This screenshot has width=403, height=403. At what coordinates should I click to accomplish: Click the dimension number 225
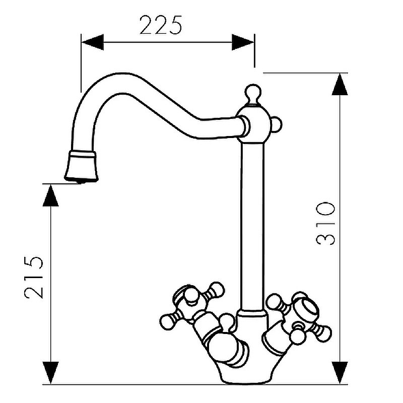click(x=161, y=25)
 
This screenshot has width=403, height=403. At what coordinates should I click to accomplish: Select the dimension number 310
click(x=325, y=223)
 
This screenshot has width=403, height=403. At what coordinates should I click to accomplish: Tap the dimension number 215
click(x=34, y=278)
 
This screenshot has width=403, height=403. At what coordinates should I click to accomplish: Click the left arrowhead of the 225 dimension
click(x=93, y=42)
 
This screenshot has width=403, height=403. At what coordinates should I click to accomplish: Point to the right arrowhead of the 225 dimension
click(x=243, y=42)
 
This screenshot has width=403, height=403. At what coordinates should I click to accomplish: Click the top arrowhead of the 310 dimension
click(x=340, y=84)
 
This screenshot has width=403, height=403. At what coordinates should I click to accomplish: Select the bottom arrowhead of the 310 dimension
click(x=340, y=373)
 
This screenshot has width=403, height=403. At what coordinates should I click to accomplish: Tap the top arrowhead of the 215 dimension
click(x=51, y=195)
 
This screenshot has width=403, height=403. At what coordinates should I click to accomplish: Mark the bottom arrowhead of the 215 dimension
click(x=51, y=373)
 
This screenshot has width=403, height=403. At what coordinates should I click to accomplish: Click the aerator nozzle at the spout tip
click(x=81, y=167)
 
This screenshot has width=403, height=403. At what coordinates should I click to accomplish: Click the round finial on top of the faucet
click(x=253, y=94)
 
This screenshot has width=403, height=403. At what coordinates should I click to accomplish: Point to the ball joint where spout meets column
click(x=253, y=124)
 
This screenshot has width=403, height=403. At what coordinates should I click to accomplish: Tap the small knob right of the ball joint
click(x=276, y=124)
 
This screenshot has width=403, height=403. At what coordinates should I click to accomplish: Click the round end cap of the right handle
click(x=308, y=310)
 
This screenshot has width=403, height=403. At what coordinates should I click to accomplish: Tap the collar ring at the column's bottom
click(x=252, y=314)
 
